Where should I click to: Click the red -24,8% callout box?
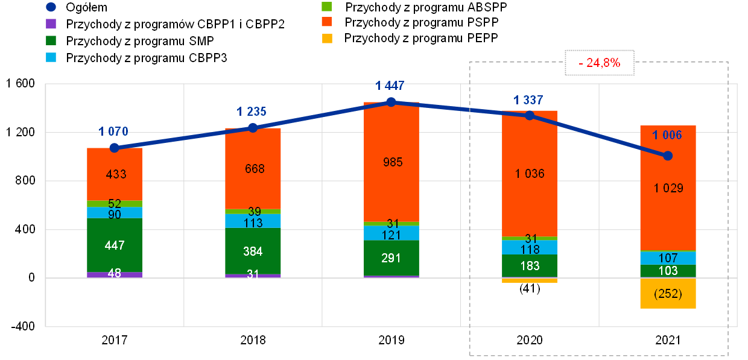coord(600,62)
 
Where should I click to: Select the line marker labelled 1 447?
coord(391,102)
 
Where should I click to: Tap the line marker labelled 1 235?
coord(253,128)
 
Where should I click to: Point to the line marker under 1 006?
coord(668,156)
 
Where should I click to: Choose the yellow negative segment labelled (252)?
coord(668,294)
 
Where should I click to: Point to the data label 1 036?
coord(530,174)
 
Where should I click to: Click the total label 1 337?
coord(529,99)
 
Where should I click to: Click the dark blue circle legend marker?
coord(51,7)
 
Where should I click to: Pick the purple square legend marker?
coord(51,24)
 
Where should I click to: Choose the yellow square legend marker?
coord(327,39)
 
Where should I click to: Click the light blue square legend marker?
coord(51,57)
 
